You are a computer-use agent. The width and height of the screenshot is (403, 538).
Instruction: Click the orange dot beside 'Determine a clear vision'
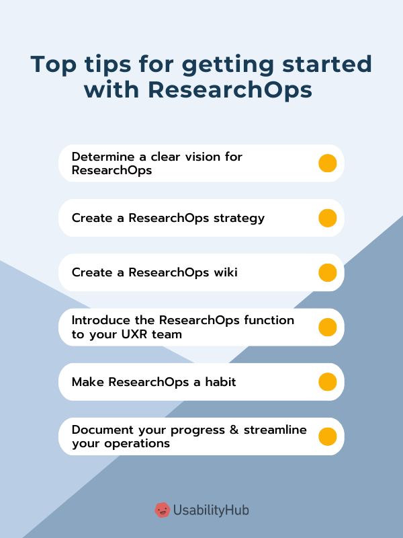point(327,163)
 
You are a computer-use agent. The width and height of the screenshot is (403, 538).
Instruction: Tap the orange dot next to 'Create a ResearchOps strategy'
point(327,218)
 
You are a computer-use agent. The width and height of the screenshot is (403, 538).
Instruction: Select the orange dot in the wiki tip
point(327,272)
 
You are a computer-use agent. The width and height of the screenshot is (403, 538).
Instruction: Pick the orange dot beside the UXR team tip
point(327,328)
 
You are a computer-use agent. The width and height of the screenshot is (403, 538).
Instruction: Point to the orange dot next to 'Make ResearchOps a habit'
point(327,382)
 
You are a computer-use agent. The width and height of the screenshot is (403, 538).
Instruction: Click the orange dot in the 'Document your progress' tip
point(327,436)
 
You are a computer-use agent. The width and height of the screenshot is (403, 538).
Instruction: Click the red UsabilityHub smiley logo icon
point(162,510)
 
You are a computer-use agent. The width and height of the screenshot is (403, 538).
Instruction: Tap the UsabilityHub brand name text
point(211,510)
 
